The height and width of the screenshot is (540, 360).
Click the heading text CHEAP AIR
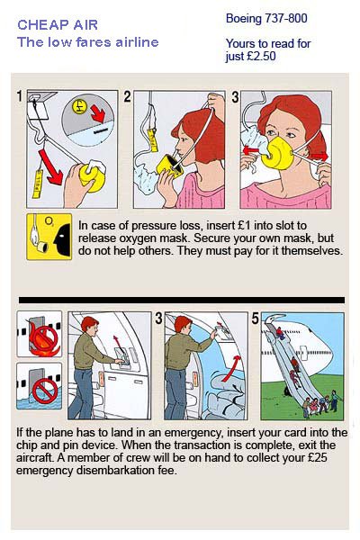coord(58,25)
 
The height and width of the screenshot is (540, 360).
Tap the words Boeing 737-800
coord(266,18)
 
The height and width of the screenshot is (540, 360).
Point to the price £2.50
coord(262,56)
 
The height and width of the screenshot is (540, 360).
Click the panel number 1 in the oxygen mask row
coord(20,96)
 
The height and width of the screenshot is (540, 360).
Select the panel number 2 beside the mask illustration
coord(127,97)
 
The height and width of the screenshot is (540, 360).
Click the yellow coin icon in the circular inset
coord(79,106)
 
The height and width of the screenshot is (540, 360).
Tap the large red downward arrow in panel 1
coord(50,167)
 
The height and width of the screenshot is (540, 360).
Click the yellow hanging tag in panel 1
coord(37,184)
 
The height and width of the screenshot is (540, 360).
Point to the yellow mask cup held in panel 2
coord(169,166)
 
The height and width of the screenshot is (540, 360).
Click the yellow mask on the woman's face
coord(276,153)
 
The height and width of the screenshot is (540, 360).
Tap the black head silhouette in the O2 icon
coord(62,237)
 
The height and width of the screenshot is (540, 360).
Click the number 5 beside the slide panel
coord(255,319)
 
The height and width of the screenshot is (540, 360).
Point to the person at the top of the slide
coord(280,333)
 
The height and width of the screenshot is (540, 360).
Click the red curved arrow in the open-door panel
coord(231,368)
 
